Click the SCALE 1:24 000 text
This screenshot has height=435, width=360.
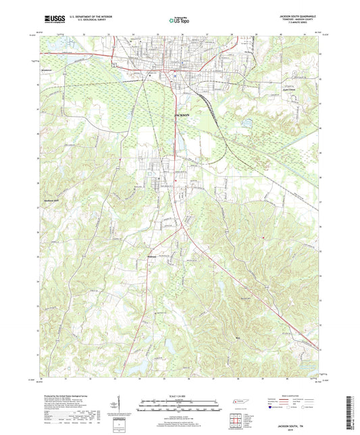pos(180,396)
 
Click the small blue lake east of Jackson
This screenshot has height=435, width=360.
pos(246,124)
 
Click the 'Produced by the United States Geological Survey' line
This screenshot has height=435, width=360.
pos(68,396)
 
